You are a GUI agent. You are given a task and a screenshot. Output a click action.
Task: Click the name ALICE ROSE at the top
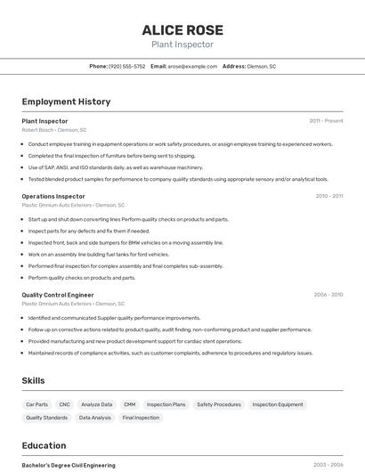click(182, 29)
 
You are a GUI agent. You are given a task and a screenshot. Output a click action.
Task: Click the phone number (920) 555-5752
click(126, 66)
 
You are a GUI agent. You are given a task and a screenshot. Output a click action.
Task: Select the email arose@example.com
click(192, 66)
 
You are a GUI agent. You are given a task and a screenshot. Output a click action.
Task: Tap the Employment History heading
click(66, 102)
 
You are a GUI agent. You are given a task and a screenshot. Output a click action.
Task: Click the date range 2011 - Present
click(326, 120)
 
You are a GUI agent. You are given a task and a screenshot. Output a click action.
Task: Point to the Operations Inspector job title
click(53, 196)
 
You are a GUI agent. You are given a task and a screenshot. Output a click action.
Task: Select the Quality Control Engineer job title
click(58, 295)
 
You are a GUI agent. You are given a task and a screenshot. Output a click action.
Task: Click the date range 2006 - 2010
click(328, 295)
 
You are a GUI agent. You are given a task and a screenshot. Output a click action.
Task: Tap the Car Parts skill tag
click(37, 404)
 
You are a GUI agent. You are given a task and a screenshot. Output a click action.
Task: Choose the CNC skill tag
click(64, 404)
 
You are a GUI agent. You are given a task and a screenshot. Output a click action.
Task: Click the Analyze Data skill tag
click(96, 404)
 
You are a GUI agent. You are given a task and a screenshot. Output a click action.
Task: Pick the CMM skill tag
click(130, 404)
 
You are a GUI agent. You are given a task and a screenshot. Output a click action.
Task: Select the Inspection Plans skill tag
click(166, 404)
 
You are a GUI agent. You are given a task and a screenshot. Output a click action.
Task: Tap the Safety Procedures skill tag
click(219, 404)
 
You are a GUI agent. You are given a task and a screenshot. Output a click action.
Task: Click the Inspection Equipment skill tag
click(278, 404)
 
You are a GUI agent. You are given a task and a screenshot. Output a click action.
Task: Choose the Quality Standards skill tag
click(47, 418)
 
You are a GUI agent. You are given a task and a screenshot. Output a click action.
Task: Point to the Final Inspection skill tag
click(141, 418)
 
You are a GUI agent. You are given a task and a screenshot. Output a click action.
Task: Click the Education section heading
click(45, 445)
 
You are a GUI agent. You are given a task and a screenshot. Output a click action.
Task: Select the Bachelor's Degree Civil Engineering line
click(69, 465)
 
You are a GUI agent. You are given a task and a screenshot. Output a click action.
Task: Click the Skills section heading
click(34, 380)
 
